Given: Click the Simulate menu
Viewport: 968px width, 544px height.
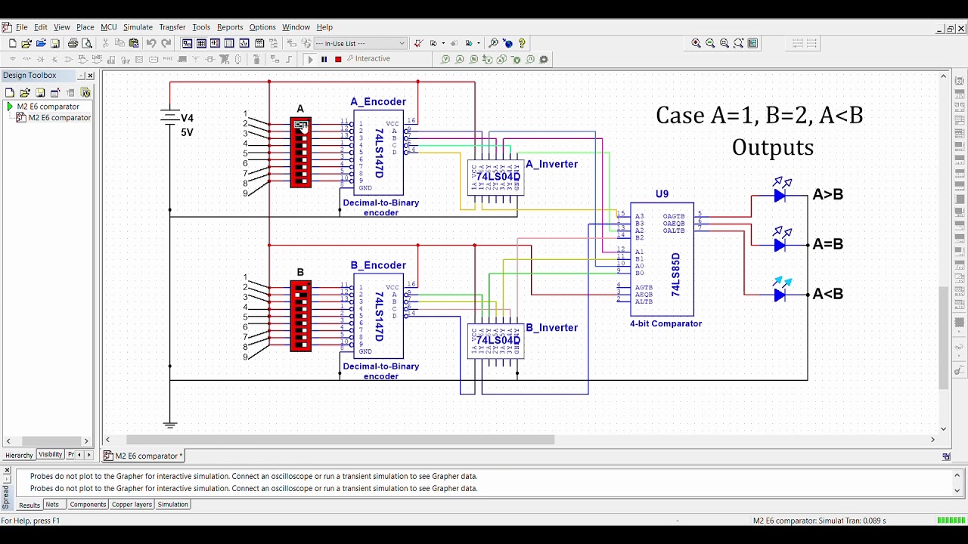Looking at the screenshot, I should pos(138,27).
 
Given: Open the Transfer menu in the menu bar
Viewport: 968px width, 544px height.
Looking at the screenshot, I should pos(172,27).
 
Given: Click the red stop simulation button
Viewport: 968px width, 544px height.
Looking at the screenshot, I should pos(338,59).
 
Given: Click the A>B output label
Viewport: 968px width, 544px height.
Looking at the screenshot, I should pos(827,195).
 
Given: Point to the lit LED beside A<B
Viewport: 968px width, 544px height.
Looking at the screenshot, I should pos(780,295).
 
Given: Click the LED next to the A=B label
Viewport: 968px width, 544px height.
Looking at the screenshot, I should pos(780,245).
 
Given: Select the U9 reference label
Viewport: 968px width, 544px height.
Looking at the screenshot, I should pos(662,194).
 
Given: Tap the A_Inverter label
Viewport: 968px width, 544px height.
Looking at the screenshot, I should pos(551,164).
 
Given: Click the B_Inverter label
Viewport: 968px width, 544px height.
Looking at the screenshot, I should pos(551,328).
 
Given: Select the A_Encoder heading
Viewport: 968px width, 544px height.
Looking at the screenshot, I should pos(378,102).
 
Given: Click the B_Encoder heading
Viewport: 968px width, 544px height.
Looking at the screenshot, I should pos(378,265).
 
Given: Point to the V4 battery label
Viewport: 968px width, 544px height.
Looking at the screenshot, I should pos(187,118).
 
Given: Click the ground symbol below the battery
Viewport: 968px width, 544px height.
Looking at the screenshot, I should pos(170,425).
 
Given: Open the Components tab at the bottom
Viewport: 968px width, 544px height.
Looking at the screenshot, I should pos(88,505).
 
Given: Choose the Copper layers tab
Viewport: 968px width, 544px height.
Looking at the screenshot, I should pos(132,505).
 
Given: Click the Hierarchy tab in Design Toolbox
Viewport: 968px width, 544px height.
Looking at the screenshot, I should pos(19,456).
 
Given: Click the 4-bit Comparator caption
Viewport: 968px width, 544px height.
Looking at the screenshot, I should pos(665,323).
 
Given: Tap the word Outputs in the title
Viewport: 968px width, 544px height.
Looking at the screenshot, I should pos(772,147).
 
